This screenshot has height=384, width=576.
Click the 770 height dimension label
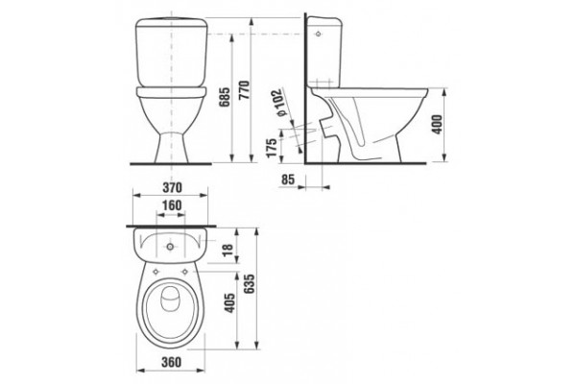pos(245,90)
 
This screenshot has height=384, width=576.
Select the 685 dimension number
pos(225,97)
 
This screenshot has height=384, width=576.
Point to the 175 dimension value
pos(272,148)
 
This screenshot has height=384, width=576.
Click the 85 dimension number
pos(288,180)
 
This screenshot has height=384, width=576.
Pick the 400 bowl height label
pos(437,125)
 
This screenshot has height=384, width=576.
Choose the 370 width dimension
pos(172,188)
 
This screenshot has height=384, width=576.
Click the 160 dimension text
pos(172,205)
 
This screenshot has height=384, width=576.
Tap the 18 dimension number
pos(228,250)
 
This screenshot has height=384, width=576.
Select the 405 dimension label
pos(229,302)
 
